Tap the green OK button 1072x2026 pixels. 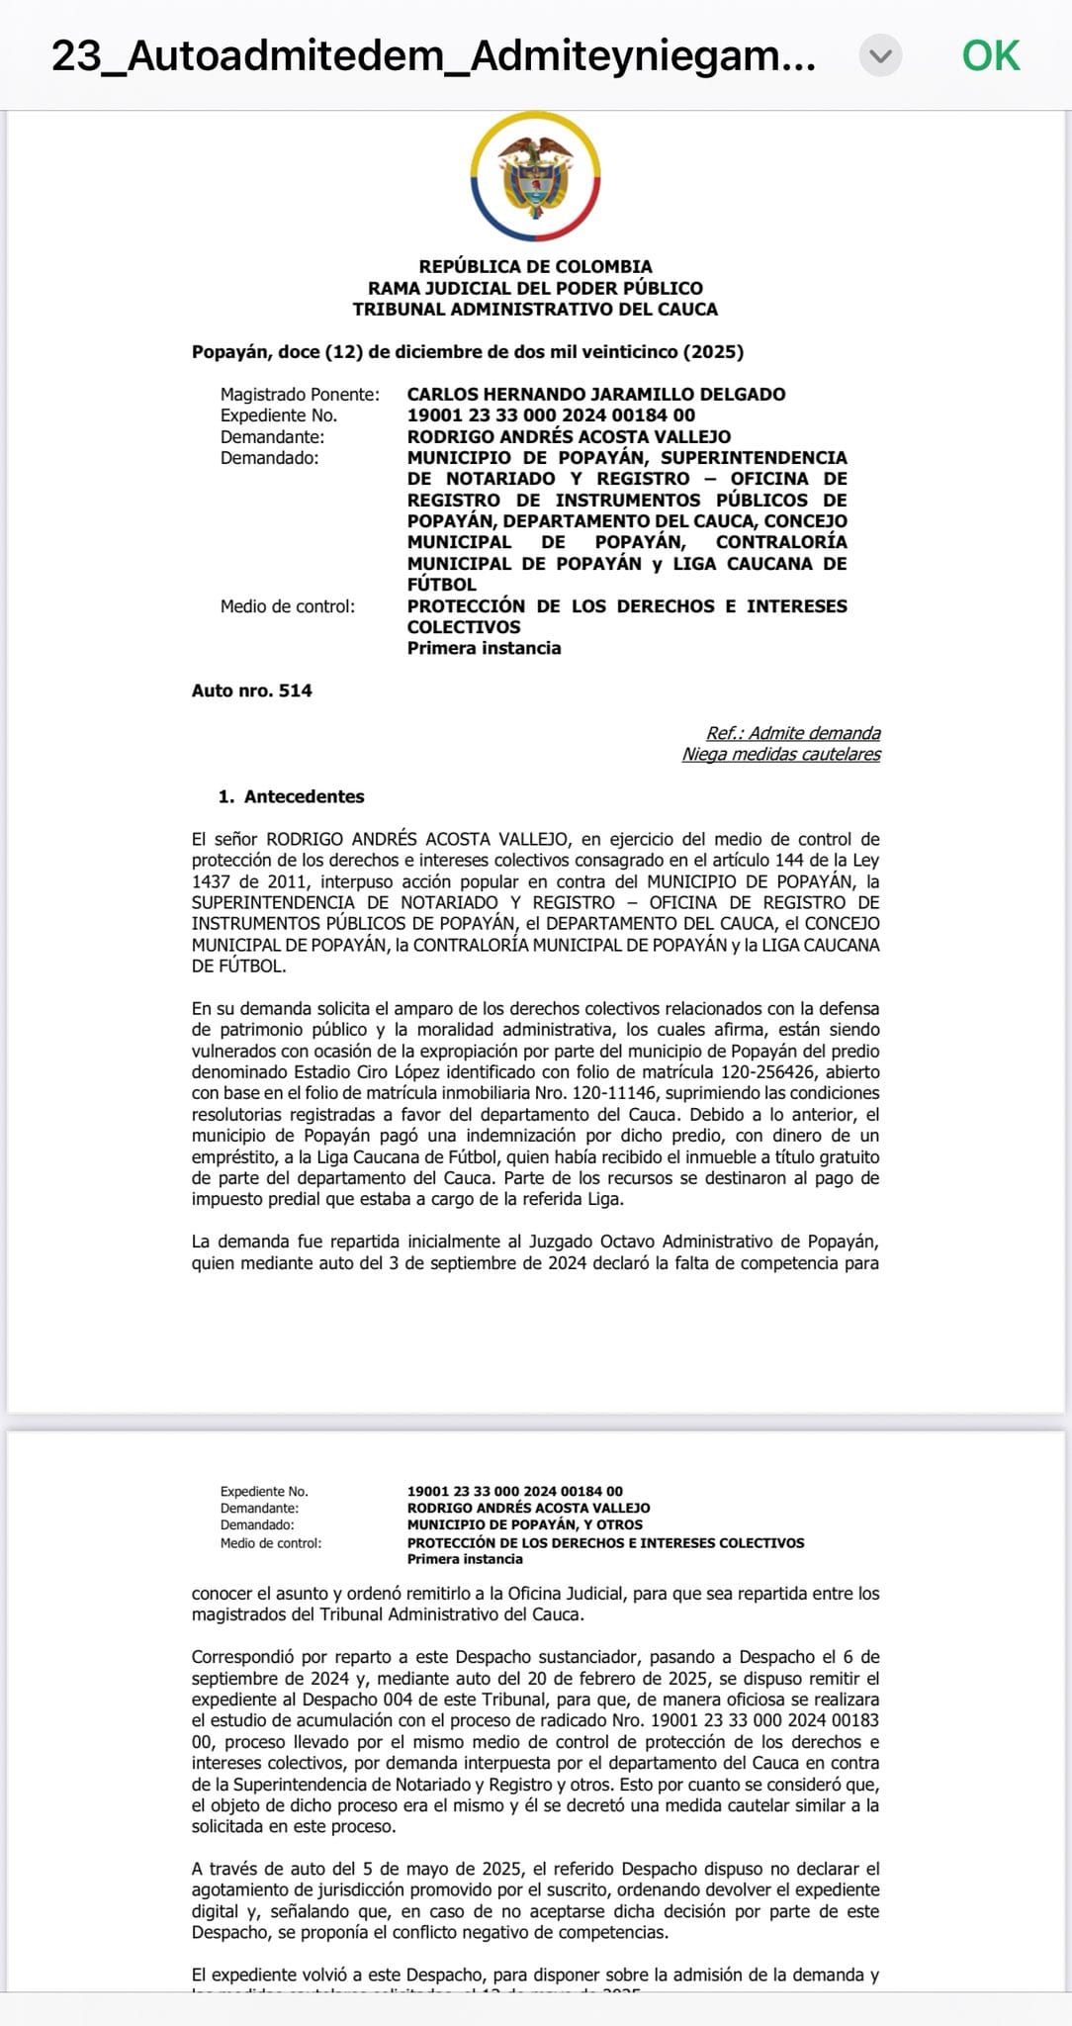[x=990, y=55]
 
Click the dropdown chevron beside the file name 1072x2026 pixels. [x=880, y=55]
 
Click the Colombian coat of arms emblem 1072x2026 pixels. [x=536, y=176]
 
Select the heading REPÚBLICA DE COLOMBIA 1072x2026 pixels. [x=535, y=266]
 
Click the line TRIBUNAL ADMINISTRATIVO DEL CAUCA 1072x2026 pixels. [x=535, y=309]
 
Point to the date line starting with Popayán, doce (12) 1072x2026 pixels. [x=467, y=351]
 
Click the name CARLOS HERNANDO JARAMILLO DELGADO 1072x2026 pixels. [x=595, y=394]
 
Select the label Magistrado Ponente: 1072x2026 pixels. [x=300, y=394]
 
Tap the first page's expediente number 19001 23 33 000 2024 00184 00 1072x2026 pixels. [x=551, y=415]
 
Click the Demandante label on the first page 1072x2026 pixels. [x=272, y=436]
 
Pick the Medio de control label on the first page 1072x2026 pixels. [x=287, y=605]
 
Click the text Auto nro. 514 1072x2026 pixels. [x=251, y=691]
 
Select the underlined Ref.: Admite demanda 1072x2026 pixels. [x=792, y=733]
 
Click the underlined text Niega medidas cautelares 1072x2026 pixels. [x=780, y=754]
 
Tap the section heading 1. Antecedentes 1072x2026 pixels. [x=291, y=796]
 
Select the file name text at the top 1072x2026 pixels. [x=433, y=55]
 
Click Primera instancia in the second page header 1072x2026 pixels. [x=464, y=1558]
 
